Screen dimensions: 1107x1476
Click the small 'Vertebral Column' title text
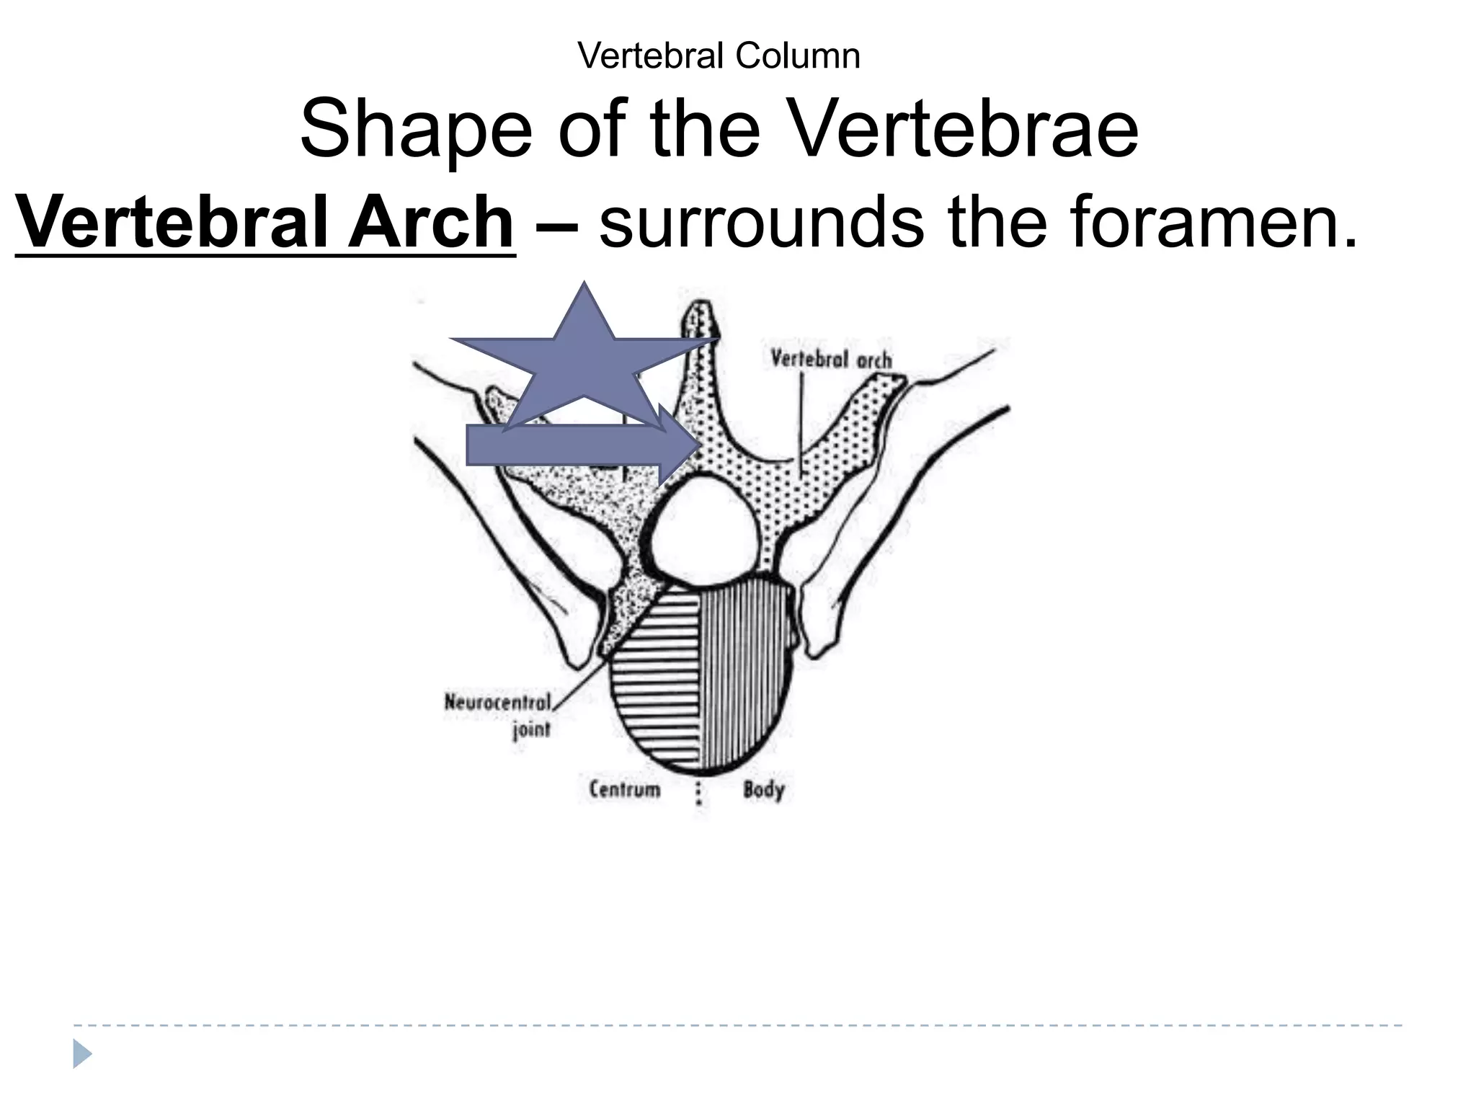719,55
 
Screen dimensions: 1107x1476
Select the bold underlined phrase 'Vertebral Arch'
264,222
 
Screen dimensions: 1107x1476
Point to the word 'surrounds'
761,222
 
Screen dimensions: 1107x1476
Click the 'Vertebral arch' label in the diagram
831,359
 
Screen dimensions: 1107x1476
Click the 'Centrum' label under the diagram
624,789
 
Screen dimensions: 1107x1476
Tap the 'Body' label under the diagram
763,789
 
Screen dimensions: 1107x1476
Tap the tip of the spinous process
701,310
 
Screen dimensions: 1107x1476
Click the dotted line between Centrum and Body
698,793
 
